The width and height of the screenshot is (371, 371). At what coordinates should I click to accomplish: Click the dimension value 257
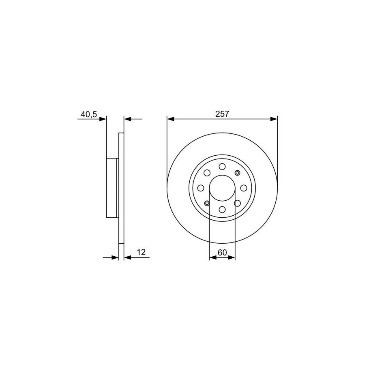click(x=222, y=114)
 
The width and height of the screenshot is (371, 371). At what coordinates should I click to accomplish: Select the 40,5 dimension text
click(x=89, y=114)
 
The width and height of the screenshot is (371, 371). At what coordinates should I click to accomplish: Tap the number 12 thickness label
click(x=141, y=252)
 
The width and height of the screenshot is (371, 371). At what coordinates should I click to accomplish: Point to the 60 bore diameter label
click(x=222, y=253)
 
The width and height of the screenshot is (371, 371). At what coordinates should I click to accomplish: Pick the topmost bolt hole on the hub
click(x=222, y=167)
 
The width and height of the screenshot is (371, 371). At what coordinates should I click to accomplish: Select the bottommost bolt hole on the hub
click(x=222, y=209)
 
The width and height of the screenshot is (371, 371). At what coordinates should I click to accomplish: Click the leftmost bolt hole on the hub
click(x=201, y=188)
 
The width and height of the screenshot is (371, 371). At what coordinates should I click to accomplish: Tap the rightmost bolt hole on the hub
click(x=244, y=188)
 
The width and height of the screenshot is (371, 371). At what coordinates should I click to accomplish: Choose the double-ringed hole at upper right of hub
click(x=237, y=173)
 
